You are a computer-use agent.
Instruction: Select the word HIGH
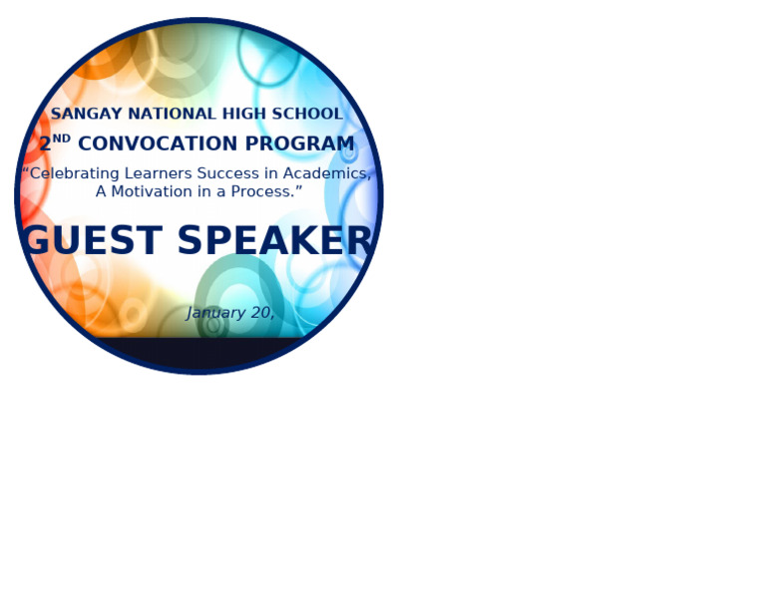point(234,115)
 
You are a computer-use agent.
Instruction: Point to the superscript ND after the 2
point(62,139)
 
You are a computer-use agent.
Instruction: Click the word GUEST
point(92,241)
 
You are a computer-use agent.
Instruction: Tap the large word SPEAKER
point(275,241)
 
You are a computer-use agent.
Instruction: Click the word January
point(215,313)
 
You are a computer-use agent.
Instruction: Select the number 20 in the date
point(261,313)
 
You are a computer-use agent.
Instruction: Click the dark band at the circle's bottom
point(199,353)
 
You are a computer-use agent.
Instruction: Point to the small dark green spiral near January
point(212,324)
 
